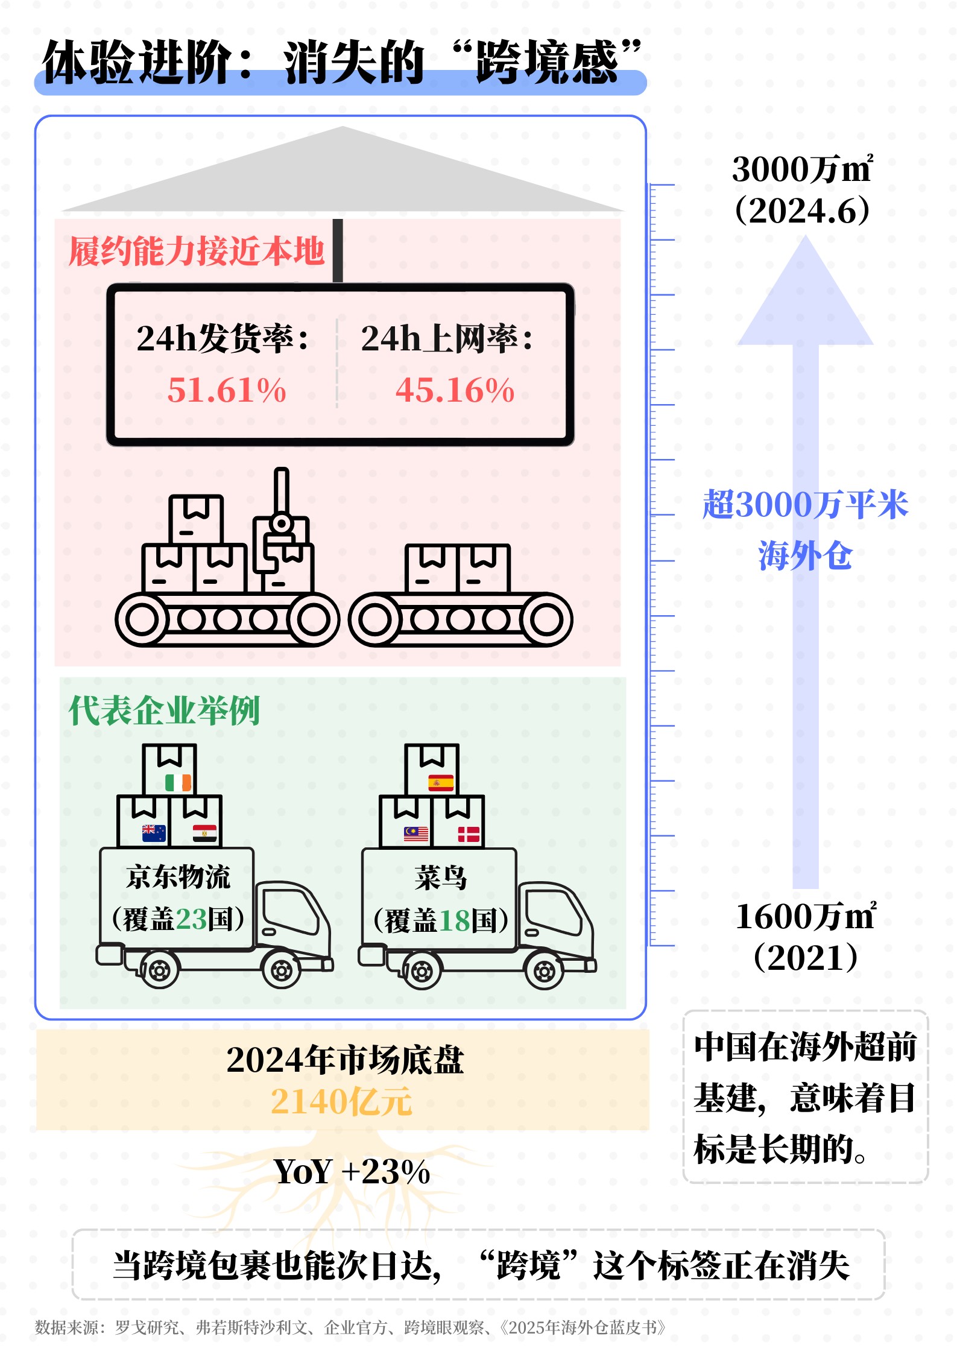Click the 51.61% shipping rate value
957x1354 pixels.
pyautogui.click(x=227, y=390)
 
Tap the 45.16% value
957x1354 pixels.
pyautogui.click(x=455, y=390)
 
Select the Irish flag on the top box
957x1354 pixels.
pyautogui.click(x=178, y=783)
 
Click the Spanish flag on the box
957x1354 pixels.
pyautogui.click(x=441, y=783)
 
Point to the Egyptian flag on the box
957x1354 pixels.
pyautogui.click(x=204, y=834)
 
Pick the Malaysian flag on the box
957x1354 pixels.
pyautogui.click(x=416, y=834)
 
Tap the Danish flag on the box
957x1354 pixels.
pyautogui.click(x=469, y=834)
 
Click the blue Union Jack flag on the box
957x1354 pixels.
pyautogui.click(x=154, y=833)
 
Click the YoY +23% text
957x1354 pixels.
pyautogui.click(x=352, y=1172)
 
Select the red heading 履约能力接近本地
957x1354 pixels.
pyautogui.click(x=197, y=252)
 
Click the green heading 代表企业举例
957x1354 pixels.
pyautogui.click(x=164, y=710)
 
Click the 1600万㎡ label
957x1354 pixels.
pyautogui.click(x=806, y=917)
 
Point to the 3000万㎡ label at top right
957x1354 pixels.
pyautogui.click(x=802, y=169)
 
